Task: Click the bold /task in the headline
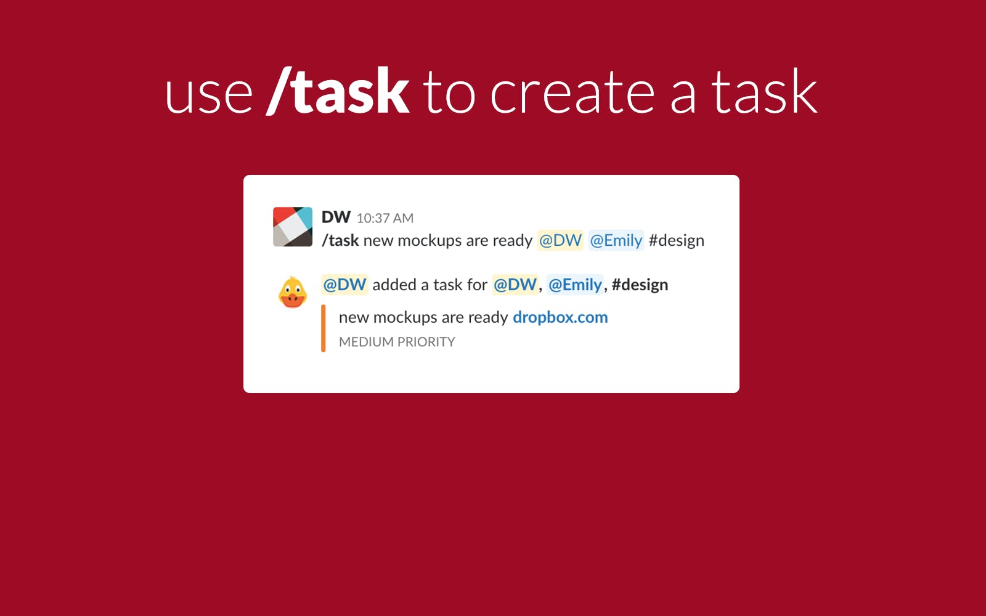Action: click(x=338, y=91)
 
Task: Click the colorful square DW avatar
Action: click(x=293, y=227)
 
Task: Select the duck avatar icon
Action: click(x=292, y=292)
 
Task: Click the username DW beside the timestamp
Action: click(x=336, y=217)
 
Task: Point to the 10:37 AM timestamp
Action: click(x=385, y=218)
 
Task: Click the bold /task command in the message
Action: click(x=340, y=240)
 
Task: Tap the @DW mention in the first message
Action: click(x=560, y=240)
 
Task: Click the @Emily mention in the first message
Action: click(x=616, y=240)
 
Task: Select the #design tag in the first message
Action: click(x=676, y=241)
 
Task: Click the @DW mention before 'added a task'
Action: click(x=344, y=284)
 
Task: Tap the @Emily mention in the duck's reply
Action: click(x=575, y=285)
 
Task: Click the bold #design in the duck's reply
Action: click(x=640, y=285)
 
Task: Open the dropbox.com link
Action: click(x=560, y=317)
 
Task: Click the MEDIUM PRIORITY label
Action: click(x=397, y=342)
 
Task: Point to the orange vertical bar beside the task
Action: click(x=323, y=328)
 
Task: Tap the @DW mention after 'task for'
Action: click(x=515, y=284)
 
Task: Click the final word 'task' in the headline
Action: click(x=765, y=92)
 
